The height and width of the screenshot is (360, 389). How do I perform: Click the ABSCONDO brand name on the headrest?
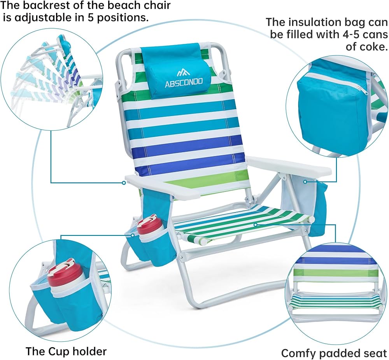184,83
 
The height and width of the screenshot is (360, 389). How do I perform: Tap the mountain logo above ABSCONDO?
183,72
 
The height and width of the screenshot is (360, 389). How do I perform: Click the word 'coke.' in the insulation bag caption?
367,46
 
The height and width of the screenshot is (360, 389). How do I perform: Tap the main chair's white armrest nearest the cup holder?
162,186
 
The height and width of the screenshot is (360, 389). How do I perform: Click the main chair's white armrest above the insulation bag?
289,166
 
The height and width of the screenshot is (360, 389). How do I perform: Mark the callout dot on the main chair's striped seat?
255,225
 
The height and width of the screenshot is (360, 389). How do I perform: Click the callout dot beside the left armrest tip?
124,183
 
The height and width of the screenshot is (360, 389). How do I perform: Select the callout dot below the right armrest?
305,182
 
